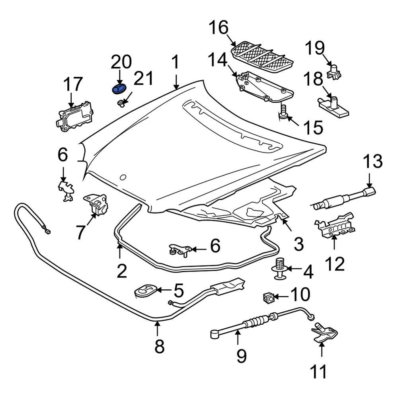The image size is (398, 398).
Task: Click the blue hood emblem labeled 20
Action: pos(118,88)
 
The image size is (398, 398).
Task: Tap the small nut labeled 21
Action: pos(120,104)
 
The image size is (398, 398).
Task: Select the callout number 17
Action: pos(73,84)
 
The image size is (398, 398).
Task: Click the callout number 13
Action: pos(373,163)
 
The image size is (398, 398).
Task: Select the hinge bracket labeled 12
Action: pos(335,226)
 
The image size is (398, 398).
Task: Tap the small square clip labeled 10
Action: pos(268,297)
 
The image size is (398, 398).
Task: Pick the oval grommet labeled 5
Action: pos(146,290)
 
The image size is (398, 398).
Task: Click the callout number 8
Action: pos(159,346)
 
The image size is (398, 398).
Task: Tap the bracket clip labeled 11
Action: pos(325,335)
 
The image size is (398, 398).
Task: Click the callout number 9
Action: pos(242,355)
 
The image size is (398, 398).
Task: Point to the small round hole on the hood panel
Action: pos(123,177)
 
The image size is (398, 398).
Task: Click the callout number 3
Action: pos(298,242)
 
